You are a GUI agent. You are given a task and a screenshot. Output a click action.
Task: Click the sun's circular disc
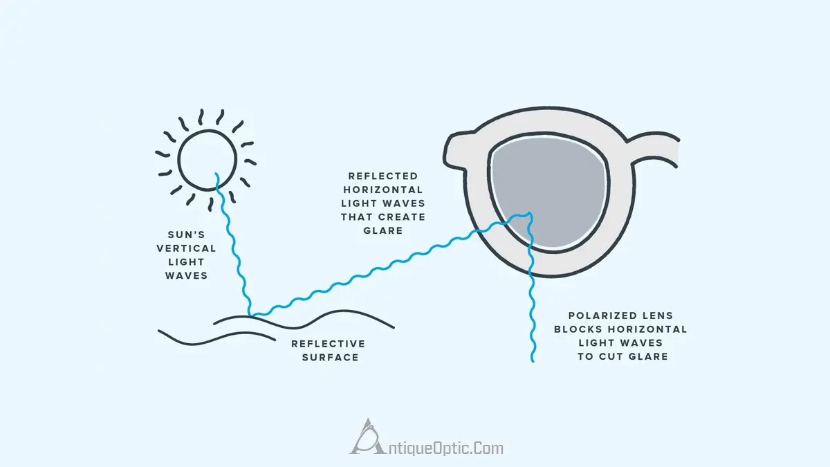coord(206,158)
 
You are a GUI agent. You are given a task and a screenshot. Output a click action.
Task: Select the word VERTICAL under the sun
coord(186,248)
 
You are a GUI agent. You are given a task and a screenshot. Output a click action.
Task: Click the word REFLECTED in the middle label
coord(383,176)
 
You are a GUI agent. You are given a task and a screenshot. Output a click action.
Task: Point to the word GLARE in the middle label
coord(382,230)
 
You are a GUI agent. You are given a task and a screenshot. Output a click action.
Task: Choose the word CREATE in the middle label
coord(403,217)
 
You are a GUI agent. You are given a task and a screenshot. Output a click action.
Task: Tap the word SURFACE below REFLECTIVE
coord(330,358)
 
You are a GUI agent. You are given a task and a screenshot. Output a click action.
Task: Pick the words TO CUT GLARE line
coord(622,356)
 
